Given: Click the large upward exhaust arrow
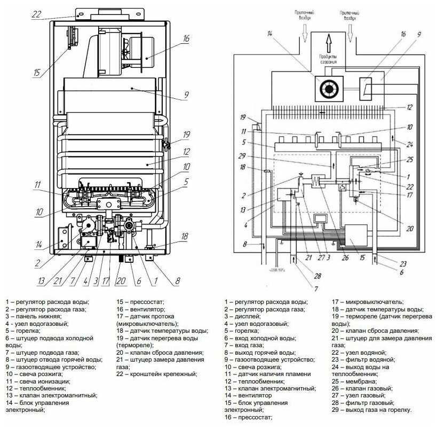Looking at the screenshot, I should coord(329,41).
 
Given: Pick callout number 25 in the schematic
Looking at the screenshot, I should coord(410,159).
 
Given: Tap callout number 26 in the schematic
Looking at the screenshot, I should coord(345,258).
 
